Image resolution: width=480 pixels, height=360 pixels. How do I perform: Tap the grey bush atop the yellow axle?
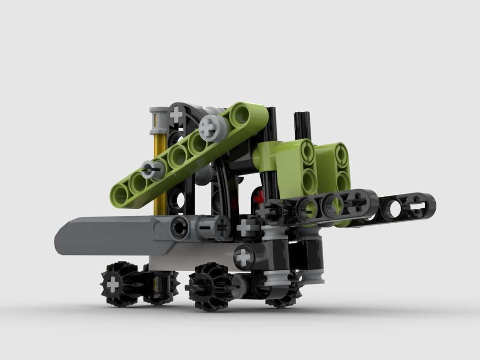coord(158,120)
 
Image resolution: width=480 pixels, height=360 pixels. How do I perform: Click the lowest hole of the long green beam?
coord(120,195)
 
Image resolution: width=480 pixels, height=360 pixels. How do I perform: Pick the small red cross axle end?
coord(259,197)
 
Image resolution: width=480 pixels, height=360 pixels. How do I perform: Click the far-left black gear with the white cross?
coord(113,284)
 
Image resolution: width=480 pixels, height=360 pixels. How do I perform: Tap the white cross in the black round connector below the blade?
coord(244,257)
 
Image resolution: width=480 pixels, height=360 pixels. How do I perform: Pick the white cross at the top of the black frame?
coord(177,114)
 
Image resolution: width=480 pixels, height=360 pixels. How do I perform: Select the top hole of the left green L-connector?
coord(308,152)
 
